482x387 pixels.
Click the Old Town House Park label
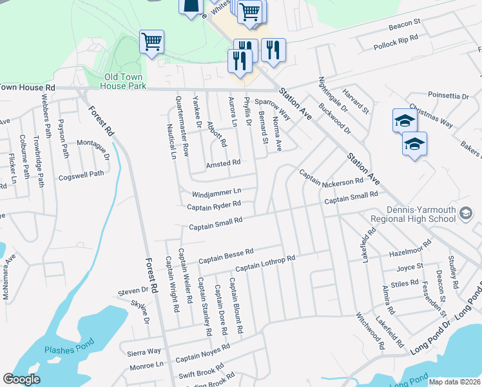(125, 81)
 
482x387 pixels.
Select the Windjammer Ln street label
(216, 192)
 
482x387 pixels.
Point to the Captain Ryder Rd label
(214, 206)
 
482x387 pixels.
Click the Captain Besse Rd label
(226, 255)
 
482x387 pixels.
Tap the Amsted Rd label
(223, 163)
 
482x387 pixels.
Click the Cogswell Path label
(81, 174)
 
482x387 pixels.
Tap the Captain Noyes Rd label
(202, 353)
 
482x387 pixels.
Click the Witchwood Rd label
(371, 332)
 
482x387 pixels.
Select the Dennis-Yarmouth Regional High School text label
(421, 215)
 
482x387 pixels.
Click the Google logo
(21, 379)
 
